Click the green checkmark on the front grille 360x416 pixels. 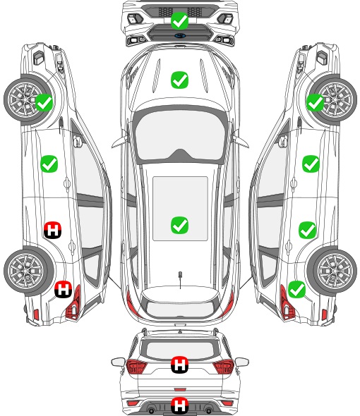pyautogui.click(x=179, y=20)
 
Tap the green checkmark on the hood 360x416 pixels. pyautogui.click(x=179, y=80)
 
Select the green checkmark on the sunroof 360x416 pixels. pyautogui.click(x=179, y=225)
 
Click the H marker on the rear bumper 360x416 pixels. pyautogui.click(x=179, y=405)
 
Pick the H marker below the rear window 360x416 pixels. pyautogui.click(x=179, y=365)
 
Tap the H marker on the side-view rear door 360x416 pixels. pyautogui.click(x=53, y=230)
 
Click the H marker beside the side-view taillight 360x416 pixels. pyautogui.click(x=64, y=289)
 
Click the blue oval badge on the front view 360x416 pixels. pyautogui.click(x=179, y=35)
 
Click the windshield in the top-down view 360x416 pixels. pyautogui.click(x=179, y=136)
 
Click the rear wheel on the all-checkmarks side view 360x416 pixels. pyautogui.click(x=332, y=271)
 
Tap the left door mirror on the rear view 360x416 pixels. pyautogui.click(x=118, y=362)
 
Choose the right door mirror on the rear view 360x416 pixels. pyautogui.click(x=242, y=362)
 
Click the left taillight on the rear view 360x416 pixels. pyautogui.click(x=136, y=366)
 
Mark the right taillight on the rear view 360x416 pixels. pyautogui.click(x=224, y=366)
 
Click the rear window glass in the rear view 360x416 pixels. pyautogui.click(x=180, y=350)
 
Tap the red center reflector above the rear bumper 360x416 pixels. pyautogui.click(x=180, y=390)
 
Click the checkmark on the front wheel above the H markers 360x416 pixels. pyautogui.click(x=44, y=102)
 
